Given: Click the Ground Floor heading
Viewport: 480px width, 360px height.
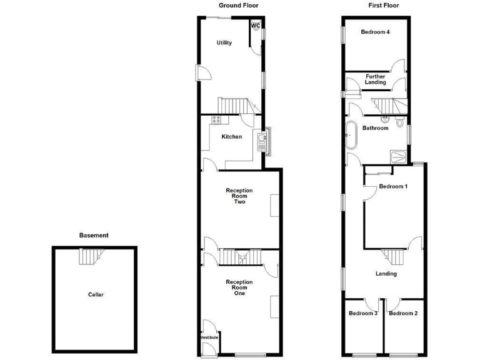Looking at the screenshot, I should pos(238,5).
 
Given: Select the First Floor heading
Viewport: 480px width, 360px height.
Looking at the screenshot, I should pos(384,5).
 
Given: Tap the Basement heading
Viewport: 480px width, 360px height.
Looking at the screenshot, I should pos(94,236).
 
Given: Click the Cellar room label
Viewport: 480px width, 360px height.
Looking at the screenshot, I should pos(95,294).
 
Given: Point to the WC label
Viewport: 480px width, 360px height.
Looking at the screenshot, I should pos(256,26).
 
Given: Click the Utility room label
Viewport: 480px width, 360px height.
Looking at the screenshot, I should pos(224,43).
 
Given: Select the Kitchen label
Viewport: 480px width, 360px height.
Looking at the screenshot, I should pos(231,137).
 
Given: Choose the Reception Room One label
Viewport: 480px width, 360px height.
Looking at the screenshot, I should pos(240,287).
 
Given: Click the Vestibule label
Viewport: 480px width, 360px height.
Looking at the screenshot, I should pos(210,337).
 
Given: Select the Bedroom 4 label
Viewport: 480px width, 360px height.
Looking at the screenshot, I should pos(376,32).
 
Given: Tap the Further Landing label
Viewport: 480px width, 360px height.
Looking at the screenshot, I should pos(376,79).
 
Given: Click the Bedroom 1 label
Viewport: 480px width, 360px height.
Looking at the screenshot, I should pos(393,186).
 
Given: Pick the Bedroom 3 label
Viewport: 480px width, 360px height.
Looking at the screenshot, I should pos(363,313).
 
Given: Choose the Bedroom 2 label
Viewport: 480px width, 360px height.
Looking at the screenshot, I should pos(403,313).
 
